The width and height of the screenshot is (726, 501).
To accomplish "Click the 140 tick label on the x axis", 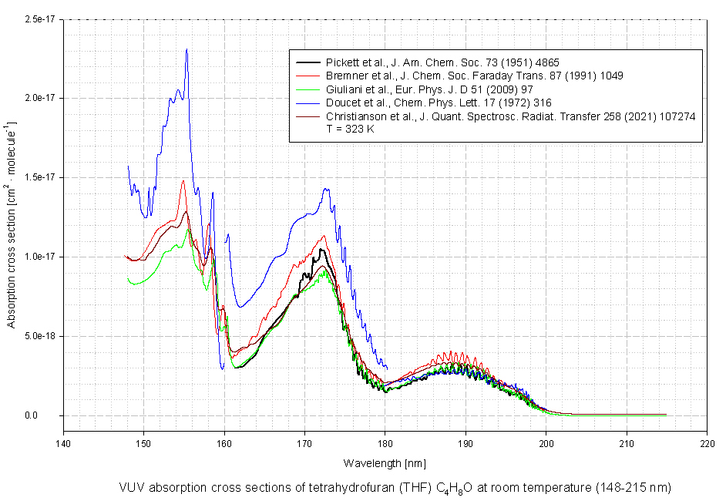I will (x=64, y=444).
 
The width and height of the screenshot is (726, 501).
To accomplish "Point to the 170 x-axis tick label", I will (x=304, y=444).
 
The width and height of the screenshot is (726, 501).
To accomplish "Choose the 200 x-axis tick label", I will (x=546, y=444).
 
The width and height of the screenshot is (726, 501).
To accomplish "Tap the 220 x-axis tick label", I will (x=706, y=444).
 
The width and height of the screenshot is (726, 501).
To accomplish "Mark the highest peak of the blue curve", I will (x=187, y=49).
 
